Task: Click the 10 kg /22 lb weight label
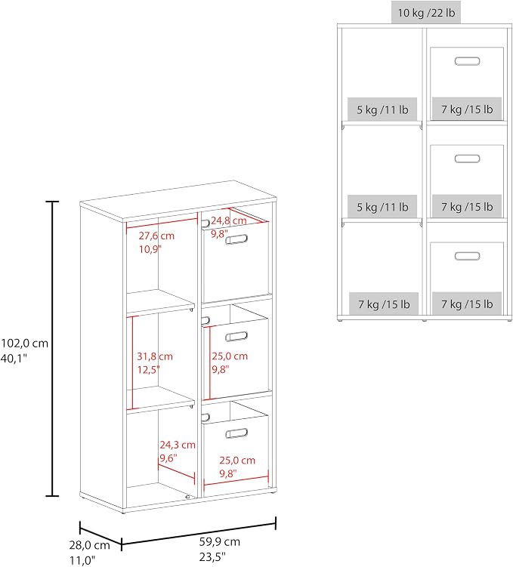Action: pos(426,13)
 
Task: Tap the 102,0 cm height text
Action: pos(24,344)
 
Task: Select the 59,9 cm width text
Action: pos(220,541)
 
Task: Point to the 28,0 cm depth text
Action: pos(90,545)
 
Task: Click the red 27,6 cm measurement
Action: pos(156,236)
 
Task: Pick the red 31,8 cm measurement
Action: pos(155,356)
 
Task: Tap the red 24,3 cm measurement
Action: pos(178,445)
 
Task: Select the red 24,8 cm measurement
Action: pos(229,220)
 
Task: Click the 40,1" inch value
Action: pos(14,359)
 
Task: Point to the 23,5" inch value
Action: pos(212,557)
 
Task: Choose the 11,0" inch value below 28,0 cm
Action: pos(82,560)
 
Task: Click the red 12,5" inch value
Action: pos(148,369)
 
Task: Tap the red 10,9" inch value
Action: pos(150,249)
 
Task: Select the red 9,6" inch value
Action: pos(168,458)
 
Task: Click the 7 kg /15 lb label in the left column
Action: pos(384,304)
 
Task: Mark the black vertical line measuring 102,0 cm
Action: pos(53,349)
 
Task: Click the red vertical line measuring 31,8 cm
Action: pos(132,362)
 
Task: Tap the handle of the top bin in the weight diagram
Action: pos(467,60)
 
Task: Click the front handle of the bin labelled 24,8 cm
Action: pos(236,239)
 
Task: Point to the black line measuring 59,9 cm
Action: pos(199,533)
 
